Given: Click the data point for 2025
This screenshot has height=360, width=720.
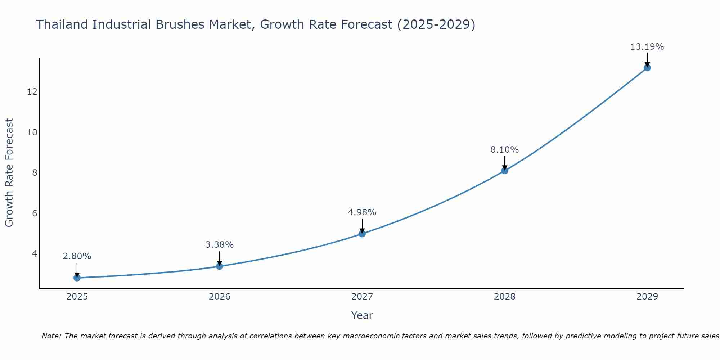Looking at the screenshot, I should pyautogui.click(x=77, y=278).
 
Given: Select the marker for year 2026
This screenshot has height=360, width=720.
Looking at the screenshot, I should pyautogui.click(x=220, y=266).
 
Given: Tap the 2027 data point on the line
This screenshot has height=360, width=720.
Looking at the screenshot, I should pyautogui.click(x=362, y=234).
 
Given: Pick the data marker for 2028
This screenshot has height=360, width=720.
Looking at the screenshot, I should pyautogui.click(x=505, y=171).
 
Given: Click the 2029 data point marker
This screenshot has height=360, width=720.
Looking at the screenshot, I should pyautogui.click(x=647, y=68).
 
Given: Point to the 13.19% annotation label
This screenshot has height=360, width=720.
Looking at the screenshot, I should pyautogui.click(x=647, y=47).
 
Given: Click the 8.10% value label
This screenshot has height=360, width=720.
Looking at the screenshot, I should pyautogui.click(x=504, y=150).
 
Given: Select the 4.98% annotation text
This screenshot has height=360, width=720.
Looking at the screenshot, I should pyautogui.click(x=362, y=212).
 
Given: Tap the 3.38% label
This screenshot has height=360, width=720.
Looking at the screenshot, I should pyautogui.click(x=220, y=245).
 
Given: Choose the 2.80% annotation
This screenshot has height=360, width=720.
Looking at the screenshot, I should pyautogui.click(x=77, y=256).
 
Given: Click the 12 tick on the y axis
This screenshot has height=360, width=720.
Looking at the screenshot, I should pyautogui.click(x=32, y=92).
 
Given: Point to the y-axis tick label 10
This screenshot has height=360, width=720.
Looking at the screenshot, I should pyautogui.click(x=32, y=132).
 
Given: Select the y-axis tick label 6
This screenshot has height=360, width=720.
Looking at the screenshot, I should pyautogui.click(x=35, y=213).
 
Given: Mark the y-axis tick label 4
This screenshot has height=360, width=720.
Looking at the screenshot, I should pyautogui.click(x=35, y=254).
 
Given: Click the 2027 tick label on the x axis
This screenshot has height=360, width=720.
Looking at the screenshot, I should pyautogui.click(x=362, y=297).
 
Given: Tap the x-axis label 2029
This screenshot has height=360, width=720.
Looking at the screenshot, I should pyautogui.click(x=647, y=297).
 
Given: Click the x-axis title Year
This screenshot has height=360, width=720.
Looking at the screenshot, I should pyautogui.click(x=362, y=315).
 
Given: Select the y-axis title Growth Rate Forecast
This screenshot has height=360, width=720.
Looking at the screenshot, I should pyautogui.click(x=9, y=173).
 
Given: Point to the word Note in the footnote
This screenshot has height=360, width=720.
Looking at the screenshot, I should pyautogui.click(x=51, y=336).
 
